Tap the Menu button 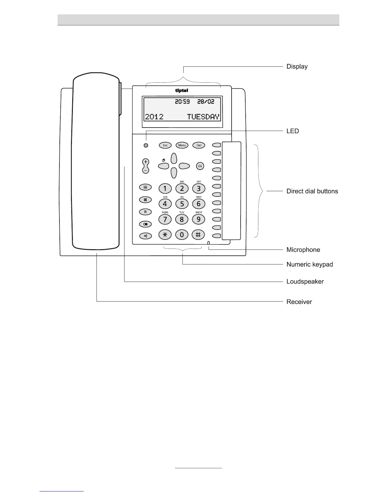182,145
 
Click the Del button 199,145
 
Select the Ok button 200,166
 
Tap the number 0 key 182,235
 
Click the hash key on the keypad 198,235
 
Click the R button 145,212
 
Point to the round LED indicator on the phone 146,146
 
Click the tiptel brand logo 182,91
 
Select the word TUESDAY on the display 203,117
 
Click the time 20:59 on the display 182,102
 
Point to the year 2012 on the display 154,117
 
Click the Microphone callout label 303,250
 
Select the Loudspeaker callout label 305,282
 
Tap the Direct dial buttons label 312,191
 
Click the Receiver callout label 299,302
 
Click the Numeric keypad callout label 310,264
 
